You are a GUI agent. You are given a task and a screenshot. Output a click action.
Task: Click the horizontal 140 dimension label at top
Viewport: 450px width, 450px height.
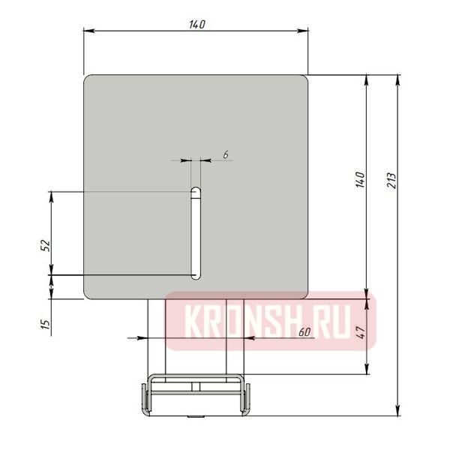click(197, 25)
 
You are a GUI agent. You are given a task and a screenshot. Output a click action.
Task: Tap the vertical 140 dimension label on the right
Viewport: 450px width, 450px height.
click(360, 180)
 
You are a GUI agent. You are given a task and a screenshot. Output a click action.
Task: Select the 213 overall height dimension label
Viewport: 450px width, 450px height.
click(391, 181)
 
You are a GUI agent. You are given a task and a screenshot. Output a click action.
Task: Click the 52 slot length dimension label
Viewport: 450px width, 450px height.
click(45, 246)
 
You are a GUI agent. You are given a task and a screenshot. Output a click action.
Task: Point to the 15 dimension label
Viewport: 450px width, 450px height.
click(45, 324)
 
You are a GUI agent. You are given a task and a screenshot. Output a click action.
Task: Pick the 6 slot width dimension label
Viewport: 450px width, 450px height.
click(226, 154)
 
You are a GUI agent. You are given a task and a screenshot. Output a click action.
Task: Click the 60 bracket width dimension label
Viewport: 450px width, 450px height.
click(304, 332)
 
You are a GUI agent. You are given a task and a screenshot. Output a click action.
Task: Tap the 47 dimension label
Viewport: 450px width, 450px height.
click(361, 332)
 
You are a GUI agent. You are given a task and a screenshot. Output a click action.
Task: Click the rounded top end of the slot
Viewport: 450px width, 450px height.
click(196, 190)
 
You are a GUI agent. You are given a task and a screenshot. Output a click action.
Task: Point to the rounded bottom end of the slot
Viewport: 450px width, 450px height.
click(196, 276)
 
